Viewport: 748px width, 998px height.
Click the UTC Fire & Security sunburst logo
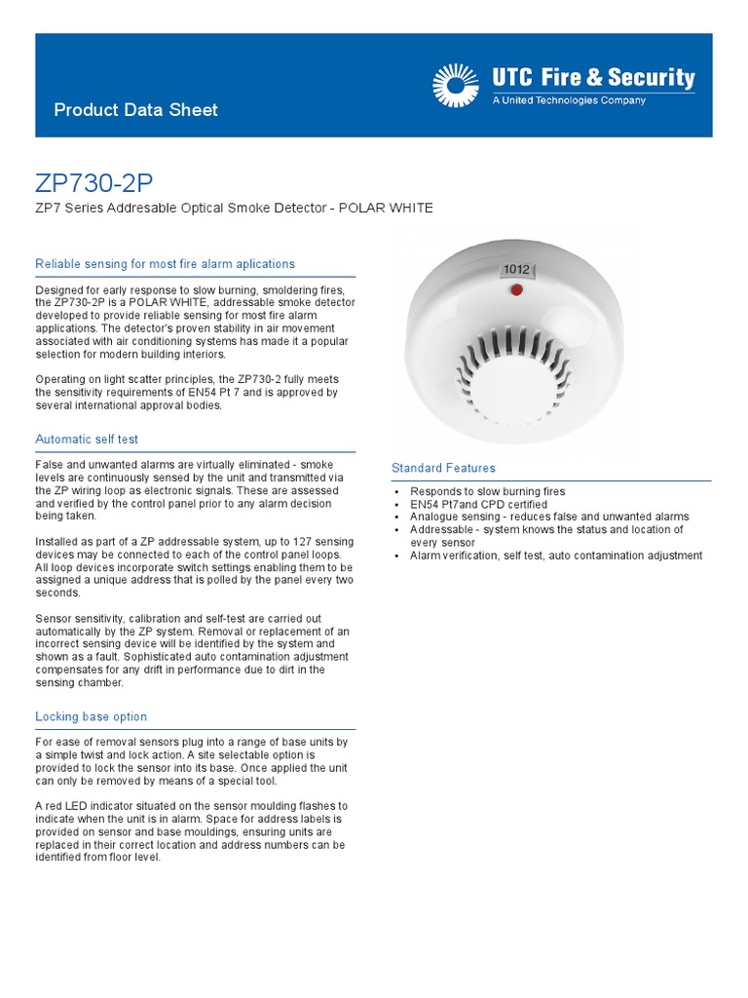coord(454,85)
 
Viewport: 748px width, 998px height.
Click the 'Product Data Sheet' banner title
coord(135,110)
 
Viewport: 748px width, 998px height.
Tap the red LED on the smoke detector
coord(515,289)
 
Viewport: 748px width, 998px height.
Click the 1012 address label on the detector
coord(517,269)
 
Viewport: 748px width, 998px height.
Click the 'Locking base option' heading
coord(91,716)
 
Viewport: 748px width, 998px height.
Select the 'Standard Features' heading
coord(443,468)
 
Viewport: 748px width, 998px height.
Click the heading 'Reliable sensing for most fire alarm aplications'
coord(165,264)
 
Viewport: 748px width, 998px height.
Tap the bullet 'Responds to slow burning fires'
coord(487,492)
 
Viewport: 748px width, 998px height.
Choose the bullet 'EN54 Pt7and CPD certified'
coord(478,505)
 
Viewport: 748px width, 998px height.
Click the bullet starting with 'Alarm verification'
coord(555,556)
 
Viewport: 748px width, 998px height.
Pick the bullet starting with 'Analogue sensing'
coord(549,518)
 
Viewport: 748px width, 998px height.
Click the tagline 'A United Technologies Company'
coord(569,100)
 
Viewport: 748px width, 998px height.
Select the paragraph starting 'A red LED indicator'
coord(191,831)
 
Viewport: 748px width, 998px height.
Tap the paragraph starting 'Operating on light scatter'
coord(186,392)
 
